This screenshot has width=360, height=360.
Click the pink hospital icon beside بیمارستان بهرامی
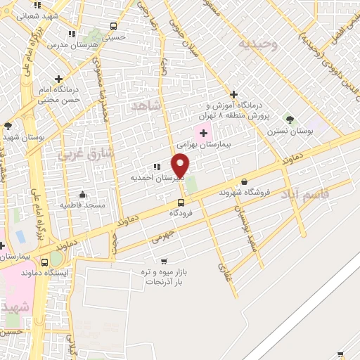pyautogui.click(x=204, y=133)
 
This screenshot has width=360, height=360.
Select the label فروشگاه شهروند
pyautogui.click(x=245, y=192)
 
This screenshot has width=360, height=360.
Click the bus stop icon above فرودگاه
pyautogui.click(x=181, y=202)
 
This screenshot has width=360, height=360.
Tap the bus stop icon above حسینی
pyautogui.click(x=114, y=26)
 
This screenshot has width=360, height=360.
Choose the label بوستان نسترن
pyautogui.click(x=290, y=131)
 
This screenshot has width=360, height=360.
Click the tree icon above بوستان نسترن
pyautogui.click(x=288, y=120)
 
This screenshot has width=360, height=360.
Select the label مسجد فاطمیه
pyautogui.click(x=83, y=205)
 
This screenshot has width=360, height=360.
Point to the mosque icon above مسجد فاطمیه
pyautogui.click(x=82, y=195)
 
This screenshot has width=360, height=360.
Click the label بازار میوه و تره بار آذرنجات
pyautogui.click(x=163, y=275)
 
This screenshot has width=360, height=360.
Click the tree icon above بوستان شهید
pyautogui.click(x=8, y=126)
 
